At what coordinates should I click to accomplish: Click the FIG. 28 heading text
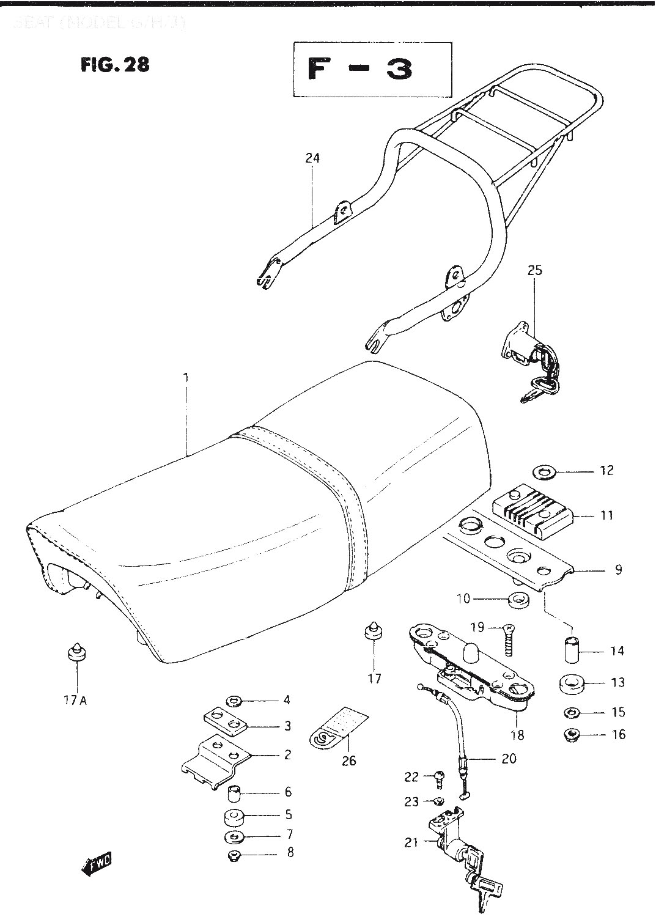point(114,64)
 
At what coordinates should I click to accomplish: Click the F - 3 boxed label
point(372,70)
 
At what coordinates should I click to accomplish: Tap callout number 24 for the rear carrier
point(312,158)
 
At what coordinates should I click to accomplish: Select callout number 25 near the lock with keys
point(534,270)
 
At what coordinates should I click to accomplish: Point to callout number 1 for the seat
point(186,377)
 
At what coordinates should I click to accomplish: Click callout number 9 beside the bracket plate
point(618,570)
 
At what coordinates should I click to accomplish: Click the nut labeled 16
point(572,734)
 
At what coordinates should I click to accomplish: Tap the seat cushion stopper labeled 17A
point(77,652)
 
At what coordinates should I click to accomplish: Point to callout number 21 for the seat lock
point(411,842)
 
